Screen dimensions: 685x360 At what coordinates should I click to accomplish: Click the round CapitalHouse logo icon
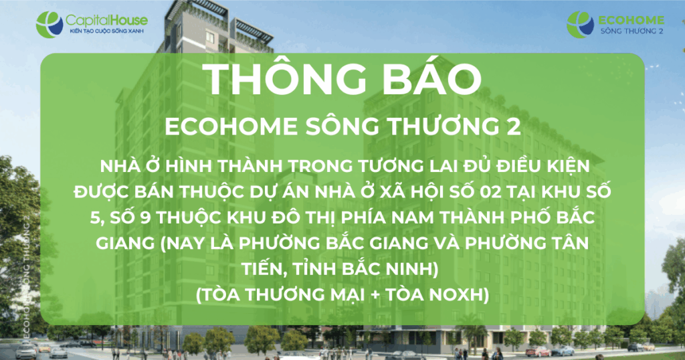click(x=50, y=25)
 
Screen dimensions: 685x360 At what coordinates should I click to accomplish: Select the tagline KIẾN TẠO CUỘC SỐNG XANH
click(x=107, y=31)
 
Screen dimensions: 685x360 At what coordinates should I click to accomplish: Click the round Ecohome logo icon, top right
click(x=581, y=25)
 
